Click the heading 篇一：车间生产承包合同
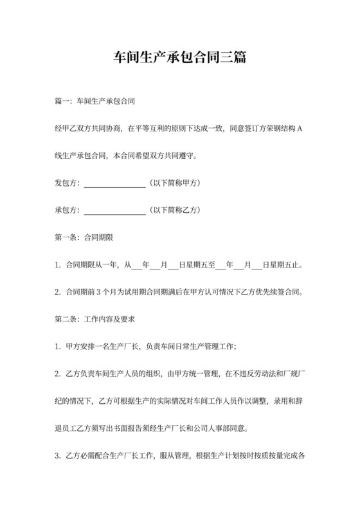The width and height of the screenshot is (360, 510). point(94,102)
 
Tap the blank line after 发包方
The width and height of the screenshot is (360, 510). point(115,183)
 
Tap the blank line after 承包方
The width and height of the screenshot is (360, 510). point(115,210)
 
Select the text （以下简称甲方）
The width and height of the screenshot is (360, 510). point(174,183)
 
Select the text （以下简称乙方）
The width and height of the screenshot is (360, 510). point(174,210)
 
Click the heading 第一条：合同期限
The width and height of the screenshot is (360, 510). point(85,237)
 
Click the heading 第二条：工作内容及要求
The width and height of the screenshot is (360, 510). point(94,319)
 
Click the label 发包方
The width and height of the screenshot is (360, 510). point(67,183)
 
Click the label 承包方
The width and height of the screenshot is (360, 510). point(67,210)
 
